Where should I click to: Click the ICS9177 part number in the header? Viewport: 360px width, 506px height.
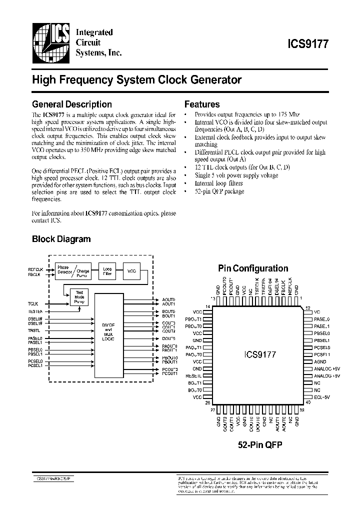[x=307, y=43]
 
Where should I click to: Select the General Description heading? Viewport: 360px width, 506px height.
[x=71, y=104]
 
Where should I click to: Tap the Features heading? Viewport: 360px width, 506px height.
[x=202, y=104]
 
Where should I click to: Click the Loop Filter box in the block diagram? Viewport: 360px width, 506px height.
[x=107, y=271]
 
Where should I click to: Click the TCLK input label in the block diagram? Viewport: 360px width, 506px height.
[x=33, y=303]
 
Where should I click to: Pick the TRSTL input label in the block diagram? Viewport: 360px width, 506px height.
[x=34, y=330]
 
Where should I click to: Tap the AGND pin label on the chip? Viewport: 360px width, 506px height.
[x=320, y=361]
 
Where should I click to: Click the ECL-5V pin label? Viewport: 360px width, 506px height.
[x=322, y=397]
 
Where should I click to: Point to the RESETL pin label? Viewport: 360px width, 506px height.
[x=193, y=375]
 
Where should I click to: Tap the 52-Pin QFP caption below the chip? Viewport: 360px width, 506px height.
[x=259, y=444]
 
